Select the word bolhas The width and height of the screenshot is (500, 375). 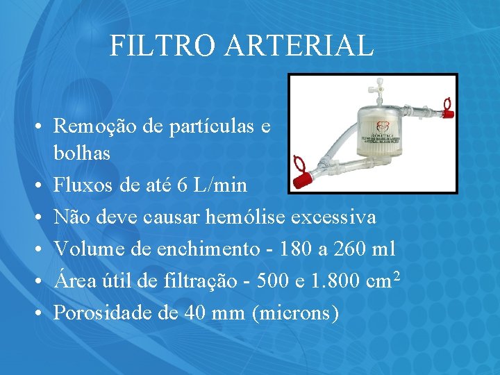click(x=81, y=153)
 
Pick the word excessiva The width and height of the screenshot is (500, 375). click(x=333, y=217)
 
